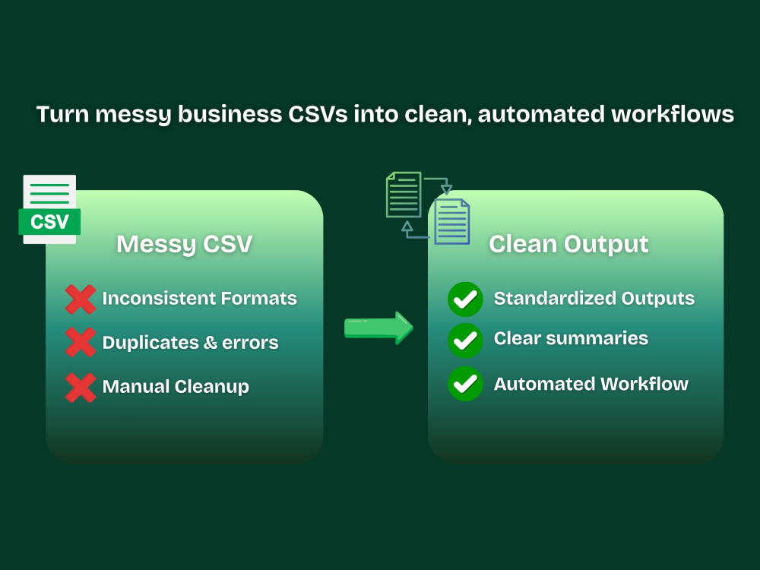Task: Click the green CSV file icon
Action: tap(49, 210)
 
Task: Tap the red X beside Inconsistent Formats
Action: tap(81, 299)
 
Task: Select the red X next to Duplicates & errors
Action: tap(81, 342)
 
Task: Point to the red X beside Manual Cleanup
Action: tap(81, 388)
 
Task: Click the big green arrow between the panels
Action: tap(378, 328)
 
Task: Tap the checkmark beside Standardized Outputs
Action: tap(465, 299)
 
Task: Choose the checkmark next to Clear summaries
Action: tap(465, 340)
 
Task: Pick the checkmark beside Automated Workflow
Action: tap(465, 384)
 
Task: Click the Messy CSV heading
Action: tap(184, 244)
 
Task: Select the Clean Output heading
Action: tap(568, 244)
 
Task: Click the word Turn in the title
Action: tap(62, 115)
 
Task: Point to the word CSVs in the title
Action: tap(318, 115)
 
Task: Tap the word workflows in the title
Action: tap(673, 115)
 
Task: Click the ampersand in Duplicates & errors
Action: tap(210, 343)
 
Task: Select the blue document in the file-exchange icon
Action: tap(451, 221)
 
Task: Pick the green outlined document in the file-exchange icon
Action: tap(404, 195)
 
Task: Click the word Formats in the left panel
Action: tap(259, 298)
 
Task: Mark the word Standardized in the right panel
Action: tap(555, 298)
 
